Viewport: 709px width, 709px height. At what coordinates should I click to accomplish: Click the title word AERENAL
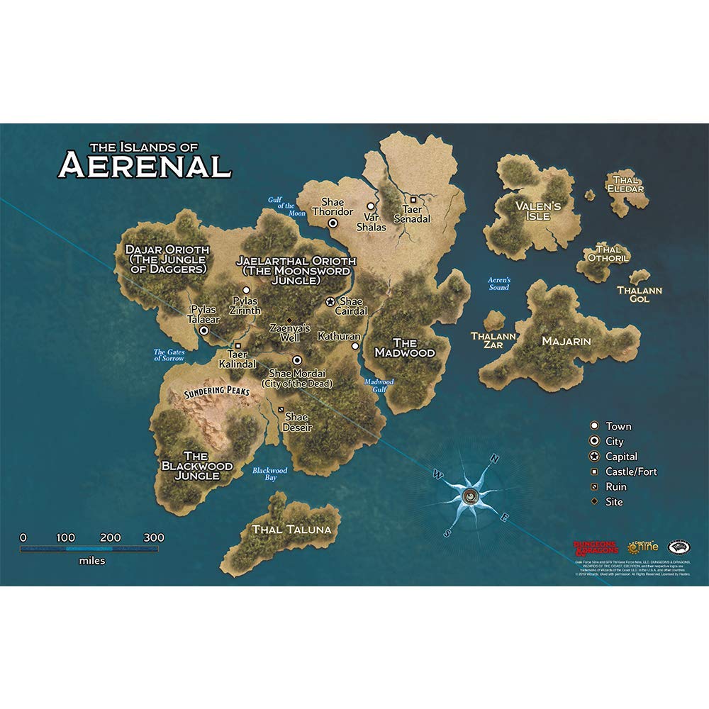(145, 164)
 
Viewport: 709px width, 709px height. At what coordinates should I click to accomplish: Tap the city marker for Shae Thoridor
(333, 223)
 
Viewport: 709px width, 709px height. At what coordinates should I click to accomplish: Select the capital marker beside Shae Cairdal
(330, 301)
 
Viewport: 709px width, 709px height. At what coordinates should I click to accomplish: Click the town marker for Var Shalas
(370, 206)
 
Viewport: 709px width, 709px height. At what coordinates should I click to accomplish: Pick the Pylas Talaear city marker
(204, 330)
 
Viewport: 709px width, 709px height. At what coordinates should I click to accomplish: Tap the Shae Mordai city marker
(297, 359)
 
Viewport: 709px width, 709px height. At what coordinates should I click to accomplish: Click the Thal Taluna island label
(291, 529)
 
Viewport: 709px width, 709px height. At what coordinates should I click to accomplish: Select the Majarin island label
(566, 341)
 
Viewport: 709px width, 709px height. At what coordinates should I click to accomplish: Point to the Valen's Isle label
(538, 211)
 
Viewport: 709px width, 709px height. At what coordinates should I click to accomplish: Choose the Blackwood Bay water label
(270, 474)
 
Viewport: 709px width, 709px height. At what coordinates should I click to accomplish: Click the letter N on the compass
(495, 459)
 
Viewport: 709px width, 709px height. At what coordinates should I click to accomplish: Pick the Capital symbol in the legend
(596, 457)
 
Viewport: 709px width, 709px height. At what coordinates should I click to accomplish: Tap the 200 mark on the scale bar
(111, 537)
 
